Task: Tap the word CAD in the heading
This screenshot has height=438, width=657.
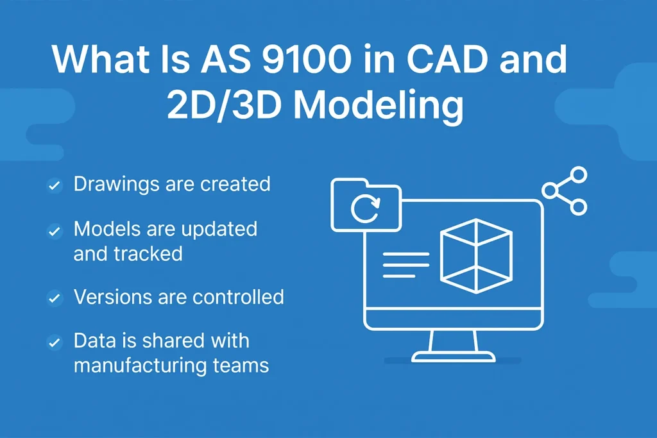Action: pyautogui.click(x=447, y=58)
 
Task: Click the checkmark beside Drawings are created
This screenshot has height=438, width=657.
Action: pyautogui.click(x=55, y=185)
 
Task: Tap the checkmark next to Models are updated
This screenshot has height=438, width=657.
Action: pyautogui.click(x=55, y=231)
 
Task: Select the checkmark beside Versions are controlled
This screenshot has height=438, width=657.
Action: pyautogui.click(x=55, y=298)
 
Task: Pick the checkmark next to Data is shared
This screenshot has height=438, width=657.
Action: pyautogui.click(x=55, y=342)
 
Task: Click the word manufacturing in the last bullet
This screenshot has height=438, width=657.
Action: pyautogui.click(x=139, y=366)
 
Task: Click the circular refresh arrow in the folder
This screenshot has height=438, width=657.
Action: pyautogui.click(x=365, y=208)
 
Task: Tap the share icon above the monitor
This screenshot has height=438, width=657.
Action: pyautogui.click(x=565, y=191)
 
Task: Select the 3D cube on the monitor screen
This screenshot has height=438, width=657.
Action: pyautogui.click(x=477, y=256)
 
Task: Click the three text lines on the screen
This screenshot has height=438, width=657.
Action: pyautogui.click(x=406, y=265)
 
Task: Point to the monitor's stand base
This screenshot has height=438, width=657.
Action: pyautogui.click(x=454, y=357)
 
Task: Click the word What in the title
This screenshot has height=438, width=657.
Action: pyautogui.click(x=101, y=58)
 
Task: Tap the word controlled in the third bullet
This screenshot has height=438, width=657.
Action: pyautogui.click(x=238, y=297)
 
